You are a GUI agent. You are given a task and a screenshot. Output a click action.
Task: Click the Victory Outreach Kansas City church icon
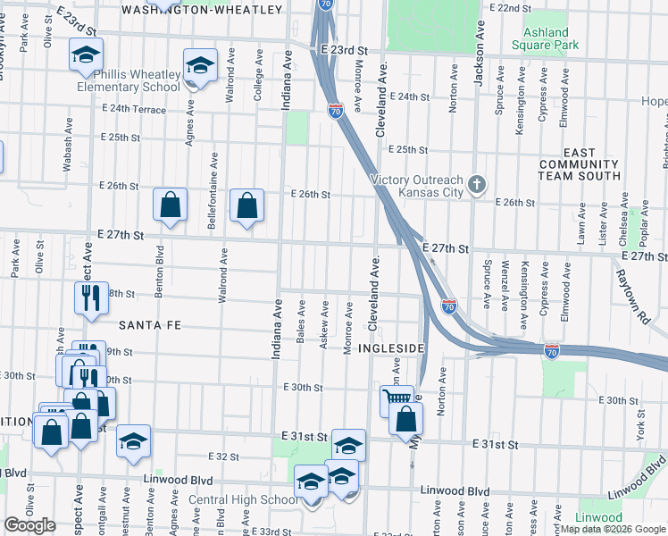[478, 185]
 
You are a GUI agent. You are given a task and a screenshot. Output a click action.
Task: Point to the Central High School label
[243, 499]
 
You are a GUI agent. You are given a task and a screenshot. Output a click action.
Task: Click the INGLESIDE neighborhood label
[390, 347]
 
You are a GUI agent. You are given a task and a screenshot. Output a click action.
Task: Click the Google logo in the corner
[29, 525]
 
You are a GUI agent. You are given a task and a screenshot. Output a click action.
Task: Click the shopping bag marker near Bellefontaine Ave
[170, 205]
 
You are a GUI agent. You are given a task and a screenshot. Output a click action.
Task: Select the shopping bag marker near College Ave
[246, 205]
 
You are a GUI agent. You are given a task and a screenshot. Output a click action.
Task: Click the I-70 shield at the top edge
[326, 4]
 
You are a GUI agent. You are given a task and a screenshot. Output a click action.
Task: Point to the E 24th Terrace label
[134, 109]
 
